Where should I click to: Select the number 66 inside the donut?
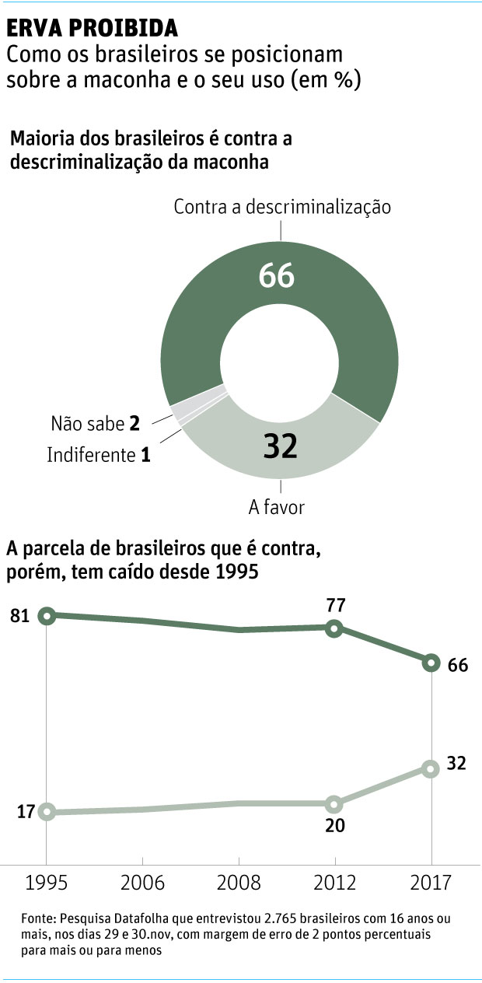pos(277,275)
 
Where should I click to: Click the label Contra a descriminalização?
pos(281,207)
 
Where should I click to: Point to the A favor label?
pos(276,507)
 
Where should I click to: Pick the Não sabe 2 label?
pos(95,424)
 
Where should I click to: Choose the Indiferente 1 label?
pos(98,455)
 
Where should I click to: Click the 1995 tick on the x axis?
pos(46,884)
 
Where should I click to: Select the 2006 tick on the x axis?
pos(143,884)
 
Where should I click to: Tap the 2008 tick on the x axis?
pos(239,884)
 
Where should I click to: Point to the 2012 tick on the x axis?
pos(335,884)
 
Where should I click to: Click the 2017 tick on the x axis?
pos(431,884)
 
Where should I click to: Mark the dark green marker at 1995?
pos(47,615)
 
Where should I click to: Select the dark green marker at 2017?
pos(431,663)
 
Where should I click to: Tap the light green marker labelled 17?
pos(47,812)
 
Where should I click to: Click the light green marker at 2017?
pos(431,768)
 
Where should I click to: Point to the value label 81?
pos(19,616)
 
